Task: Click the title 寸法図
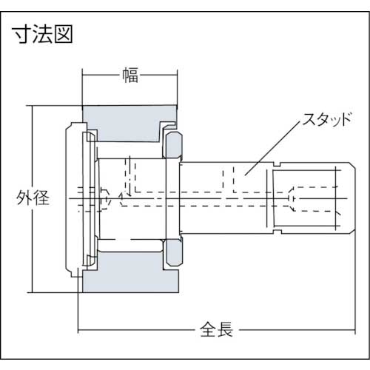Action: click(x=43, y=34)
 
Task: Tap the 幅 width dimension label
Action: click(x=130, y=75)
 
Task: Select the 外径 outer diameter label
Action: click(x=33, y=198)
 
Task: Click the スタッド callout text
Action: click(x=327, y=120)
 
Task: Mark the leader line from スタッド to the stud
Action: click(x=272, y=148)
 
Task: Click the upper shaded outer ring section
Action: click(x=129, y=124)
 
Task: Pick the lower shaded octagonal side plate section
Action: click(x=174, y=252)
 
